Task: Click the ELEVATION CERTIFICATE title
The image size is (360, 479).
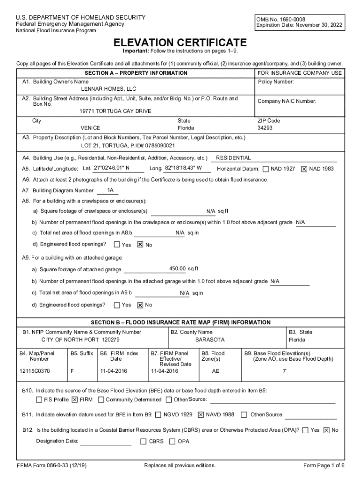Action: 181,42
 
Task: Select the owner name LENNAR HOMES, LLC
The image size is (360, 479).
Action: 108,89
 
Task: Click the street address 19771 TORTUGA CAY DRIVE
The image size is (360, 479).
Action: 115,111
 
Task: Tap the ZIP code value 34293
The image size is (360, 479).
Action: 265,128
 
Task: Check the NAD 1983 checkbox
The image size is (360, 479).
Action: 304,169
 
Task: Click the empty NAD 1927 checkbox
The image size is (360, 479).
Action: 266,169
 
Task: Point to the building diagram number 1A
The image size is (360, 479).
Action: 110,190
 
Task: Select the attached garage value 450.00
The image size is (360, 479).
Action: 178,269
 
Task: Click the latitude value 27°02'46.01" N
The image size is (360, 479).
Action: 112,168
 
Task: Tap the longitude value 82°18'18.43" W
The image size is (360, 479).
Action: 183,168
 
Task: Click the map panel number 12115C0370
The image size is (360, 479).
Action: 35,371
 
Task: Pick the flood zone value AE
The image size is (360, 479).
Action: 216,371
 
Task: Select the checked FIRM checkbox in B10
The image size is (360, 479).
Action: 74,400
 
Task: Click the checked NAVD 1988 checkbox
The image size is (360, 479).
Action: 201,414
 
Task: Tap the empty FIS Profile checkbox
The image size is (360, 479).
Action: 39,400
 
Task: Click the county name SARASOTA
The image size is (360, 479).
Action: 210,339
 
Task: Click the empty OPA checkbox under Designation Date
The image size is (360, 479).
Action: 173,441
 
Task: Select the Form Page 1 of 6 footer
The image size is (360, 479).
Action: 324,465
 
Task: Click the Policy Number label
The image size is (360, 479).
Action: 276,82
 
